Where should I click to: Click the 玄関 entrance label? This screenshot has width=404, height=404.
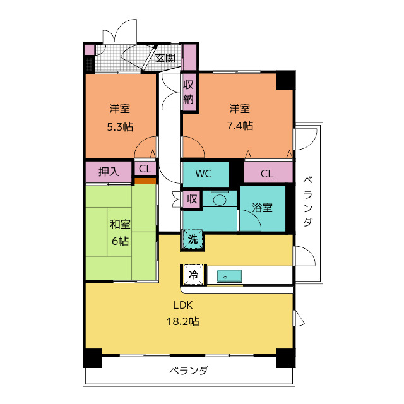coord(165,58)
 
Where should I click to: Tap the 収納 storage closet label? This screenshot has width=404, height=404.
coord(189,91)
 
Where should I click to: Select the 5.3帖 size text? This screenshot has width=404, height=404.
coord(119,126)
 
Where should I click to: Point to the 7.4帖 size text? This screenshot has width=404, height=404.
coord(240,126)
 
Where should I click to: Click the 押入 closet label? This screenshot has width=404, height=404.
coord(109,170)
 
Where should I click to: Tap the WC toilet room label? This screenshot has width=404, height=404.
coord(203,174)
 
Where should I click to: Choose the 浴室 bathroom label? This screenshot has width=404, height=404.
coord(262,207)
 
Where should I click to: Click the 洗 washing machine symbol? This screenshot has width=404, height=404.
coord(193,239)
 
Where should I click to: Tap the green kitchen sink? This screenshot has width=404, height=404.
coord(229,276)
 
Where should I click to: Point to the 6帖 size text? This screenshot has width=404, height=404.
coord(120,241)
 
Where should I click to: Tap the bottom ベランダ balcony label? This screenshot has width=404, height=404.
coord(189,371)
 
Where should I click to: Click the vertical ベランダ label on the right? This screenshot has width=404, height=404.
coord(307,202)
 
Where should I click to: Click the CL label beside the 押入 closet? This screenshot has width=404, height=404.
coord(145,169)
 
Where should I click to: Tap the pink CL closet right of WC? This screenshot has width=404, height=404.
coord(267,174)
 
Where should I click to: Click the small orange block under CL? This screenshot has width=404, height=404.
coord(145,181)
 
